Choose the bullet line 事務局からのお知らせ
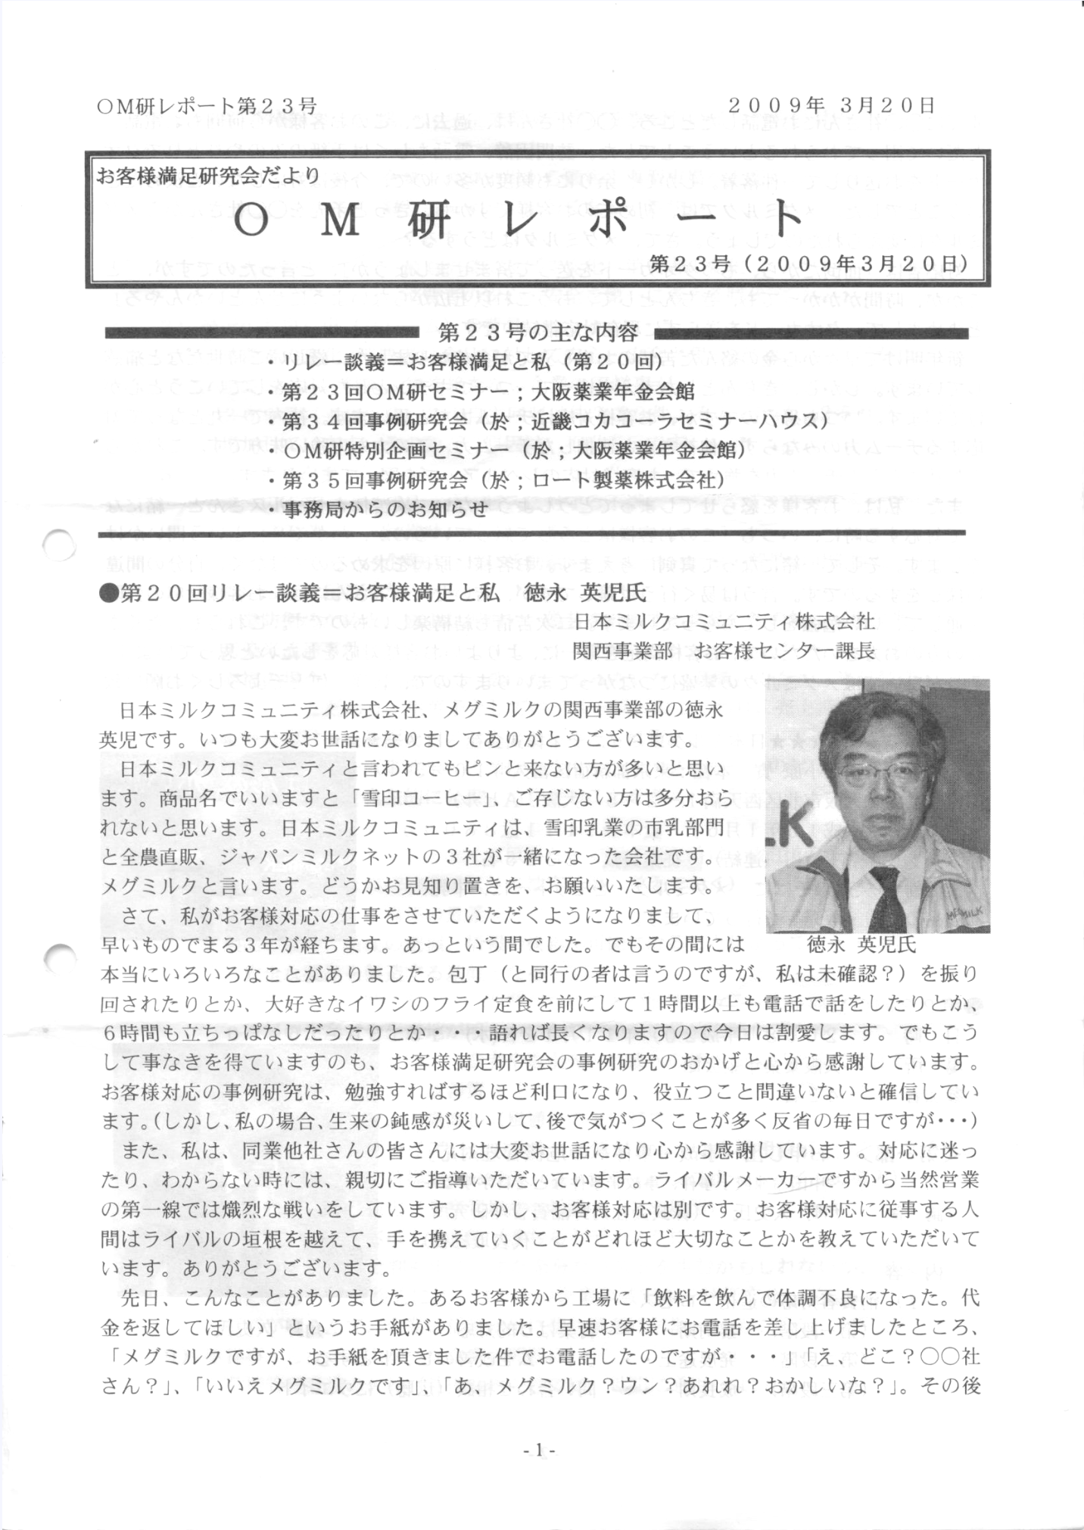click(378, 509)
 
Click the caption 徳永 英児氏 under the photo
click(861, 945)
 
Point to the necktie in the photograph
click(886, 898)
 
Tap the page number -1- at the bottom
click(540, 1450)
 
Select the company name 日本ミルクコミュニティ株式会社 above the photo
click(725, 622)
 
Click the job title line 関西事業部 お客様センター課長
click(725, 650)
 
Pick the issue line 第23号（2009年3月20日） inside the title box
click(808, 264)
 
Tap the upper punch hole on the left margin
click(60, 545)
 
